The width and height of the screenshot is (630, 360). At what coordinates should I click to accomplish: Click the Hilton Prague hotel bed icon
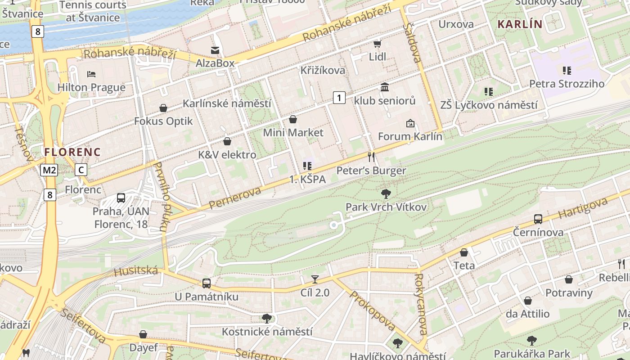[x=91, y=74]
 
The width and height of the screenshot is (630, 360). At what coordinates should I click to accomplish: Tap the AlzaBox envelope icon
[x=215, y=50]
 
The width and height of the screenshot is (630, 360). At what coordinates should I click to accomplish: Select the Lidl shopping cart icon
[x=377, y=44]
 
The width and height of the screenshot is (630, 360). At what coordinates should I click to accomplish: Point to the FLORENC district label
[x=72, y=152]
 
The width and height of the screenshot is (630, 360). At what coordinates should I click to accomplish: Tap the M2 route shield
[x=49, y=170]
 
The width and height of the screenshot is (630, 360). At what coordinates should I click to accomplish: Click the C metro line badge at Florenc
[x=81, y=170]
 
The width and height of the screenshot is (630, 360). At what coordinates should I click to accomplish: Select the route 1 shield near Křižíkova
[x=339, y=97]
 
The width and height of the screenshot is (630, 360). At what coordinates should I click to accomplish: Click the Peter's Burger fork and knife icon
[x=371, y=157]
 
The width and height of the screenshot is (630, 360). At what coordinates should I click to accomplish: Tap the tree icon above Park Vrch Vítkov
[x=386, y=194]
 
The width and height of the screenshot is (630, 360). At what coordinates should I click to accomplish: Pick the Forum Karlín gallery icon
[x=410, y=123]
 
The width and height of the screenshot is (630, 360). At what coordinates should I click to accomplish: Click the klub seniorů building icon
[x=385, y=87]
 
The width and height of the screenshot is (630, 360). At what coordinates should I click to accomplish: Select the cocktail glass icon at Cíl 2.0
[x=315, y=279]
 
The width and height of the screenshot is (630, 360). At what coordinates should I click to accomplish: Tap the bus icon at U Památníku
[x=206, y=283]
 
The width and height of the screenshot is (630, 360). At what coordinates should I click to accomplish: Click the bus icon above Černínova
[x=538, y=219]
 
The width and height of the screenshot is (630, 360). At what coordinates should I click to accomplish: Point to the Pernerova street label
[x=235, y=198]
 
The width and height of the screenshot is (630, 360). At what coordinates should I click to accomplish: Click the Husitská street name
[x=136, y=271]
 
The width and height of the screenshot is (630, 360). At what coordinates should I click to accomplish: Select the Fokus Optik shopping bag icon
[x=163, y=108]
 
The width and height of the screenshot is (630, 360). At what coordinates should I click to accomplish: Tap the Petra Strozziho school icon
[x=567, y=70]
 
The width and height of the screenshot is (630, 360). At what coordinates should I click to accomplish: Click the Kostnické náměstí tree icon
[x=267, y=319]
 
